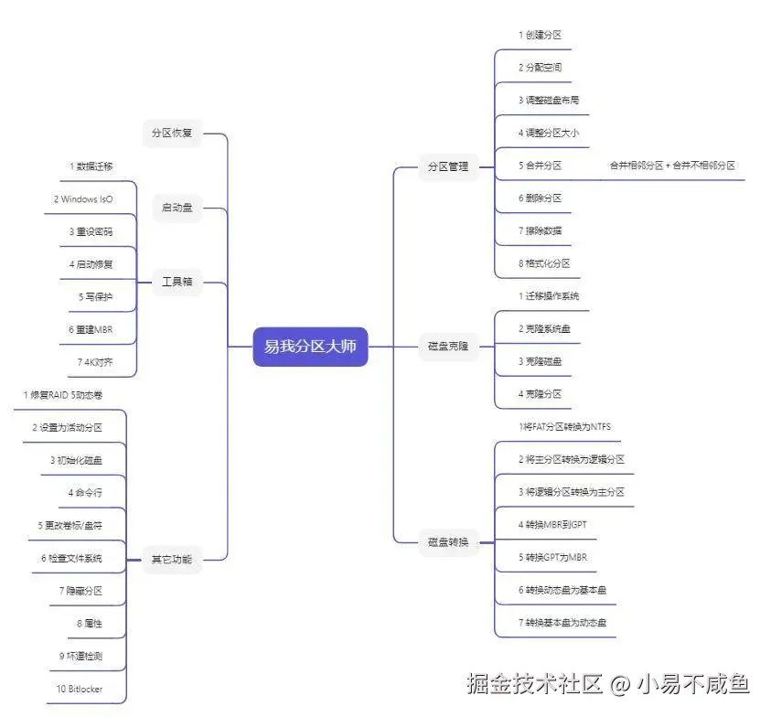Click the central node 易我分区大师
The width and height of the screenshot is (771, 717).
pos(310,347)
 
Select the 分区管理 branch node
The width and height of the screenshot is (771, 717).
pos(448,166)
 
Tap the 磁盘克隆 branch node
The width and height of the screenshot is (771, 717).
pos(448,347)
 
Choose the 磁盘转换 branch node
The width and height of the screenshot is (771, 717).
pos(448,542)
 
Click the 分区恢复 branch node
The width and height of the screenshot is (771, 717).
pos(172,133)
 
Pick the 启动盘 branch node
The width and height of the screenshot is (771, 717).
pos(177,208)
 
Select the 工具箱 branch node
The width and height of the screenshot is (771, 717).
pos(177,282)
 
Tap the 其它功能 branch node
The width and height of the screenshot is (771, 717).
pos(172,559)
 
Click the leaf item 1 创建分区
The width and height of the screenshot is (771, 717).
pos(540,35)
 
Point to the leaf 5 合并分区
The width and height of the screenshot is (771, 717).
pos(540,166)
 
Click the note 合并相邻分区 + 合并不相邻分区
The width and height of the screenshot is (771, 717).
pos(672,166)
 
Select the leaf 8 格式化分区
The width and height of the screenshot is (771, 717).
pos(543,263)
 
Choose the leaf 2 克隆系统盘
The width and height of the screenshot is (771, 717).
pos(543,328)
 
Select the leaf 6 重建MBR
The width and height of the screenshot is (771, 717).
pos(91,329)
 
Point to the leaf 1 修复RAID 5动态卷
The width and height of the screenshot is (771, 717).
pos(63,395)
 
